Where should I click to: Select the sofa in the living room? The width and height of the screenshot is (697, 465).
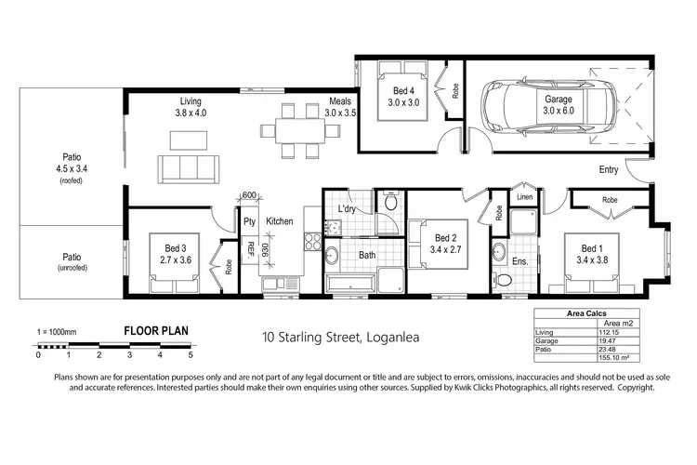pos(190,168)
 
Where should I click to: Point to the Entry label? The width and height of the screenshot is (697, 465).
pos(609,169)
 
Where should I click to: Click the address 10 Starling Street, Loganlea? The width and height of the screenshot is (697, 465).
pos(341,337)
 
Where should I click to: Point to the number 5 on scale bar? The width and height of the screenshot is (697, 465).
pos(191,354)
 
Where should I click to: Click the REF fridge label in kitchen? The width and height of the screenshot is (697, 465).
pos(250,247)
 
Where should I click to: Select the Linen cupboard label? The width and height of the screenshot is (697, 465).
pos(525,197)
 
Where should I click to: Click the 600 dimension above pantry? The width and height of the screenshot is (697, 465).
pos(248,195)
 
